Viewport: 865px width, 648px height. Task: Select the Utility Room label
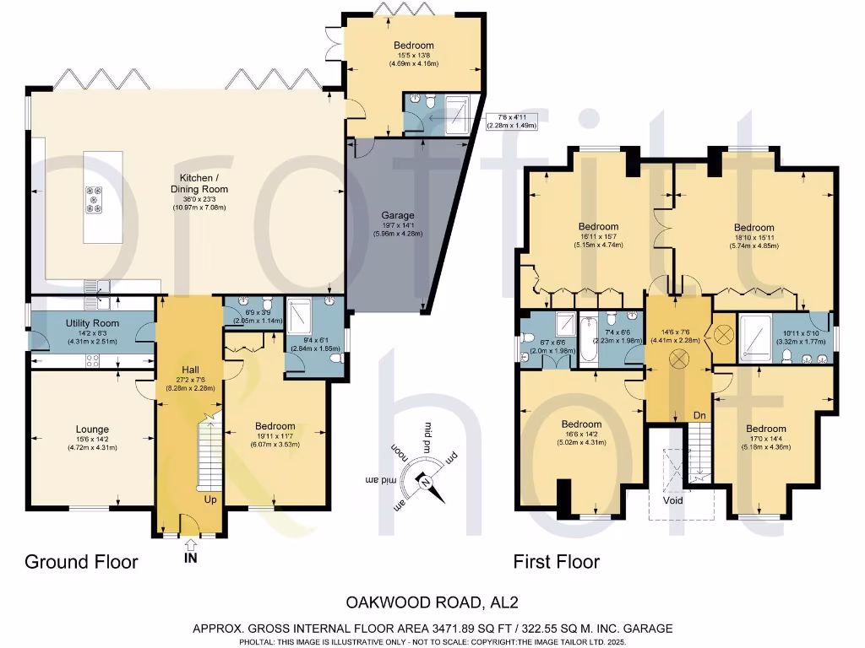92,323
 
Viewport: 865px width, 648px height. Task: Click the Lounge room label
92,429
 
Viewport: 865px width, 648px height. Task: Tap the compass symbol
425,482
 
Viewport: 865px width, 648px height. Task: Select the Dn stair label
699,415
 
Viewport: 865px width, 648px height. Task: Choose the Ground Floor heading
81,562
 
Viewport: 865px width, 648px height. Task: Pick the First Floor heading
557,562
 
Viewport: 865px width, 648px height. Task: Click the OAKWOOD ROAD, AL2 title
432,602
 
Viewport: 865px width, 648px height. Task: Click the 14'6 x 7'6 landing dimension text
673,312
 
